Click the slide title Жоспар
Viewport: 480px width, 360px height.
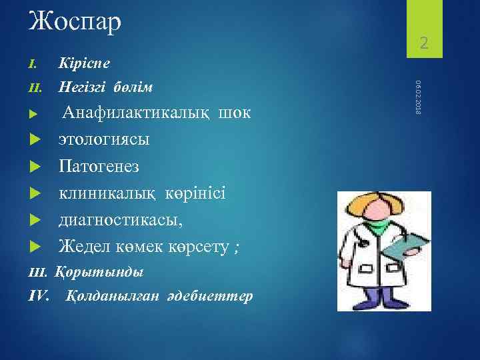75,22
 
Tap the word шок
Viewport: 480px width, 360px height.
234,113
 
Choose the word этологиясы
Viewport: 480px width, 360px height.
104,139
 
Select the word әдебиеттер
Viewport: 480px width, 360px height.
214,296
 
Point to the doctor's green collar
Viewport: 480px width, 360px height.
377,229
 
